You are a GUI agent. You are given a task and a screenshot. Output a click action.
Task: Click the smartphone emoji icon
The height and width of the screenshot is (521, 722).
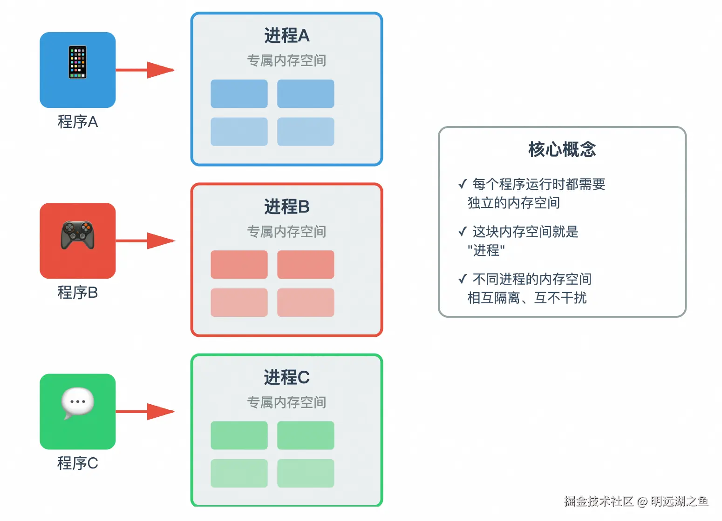pos(78,62)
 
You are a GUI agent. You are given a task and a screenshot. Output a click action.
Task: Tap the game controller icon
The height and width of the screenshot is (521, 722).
pos(78,234)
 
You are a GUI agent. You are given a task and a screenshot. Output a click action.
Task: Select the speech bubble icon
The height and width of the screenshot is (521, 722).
pos(77,403)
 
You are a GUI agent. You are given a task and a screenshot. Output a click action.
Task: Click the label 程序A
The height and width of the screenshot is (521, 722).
pos(78,122)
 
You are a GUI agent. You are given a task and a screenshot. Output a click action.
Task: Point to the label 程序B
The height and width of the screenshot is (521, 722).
pos(78,293)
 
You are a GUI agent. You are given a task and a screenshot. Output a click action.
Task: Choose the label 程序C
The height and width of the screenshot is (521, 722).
pos(78,463)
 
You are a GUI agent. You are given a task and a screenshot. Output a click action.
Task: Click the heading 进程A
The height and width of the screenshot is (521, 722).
pos(286,36)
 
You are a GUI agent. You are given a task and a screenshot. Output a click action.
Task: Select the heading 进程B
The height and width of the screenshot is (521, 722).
pos(286,207)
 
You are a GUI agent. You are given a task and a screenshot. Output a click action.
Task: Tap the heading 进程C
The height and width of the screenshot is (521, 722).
pos(286,377)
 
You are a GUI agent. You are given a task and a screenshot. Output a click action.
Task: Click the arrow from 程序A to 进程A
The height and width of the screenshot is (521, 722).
pos(145,70)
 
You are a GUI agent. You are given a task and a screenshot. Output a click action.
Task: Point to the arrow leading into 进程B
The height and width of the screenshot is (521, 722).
pos(145,241)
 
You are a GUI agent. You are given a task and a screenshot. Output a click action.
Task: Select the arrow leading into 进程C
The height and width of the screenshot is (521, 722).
pos(145,412)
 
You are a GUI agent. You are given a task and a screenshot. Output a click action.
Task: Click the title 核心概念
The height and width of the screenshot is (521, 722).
pos(562,149)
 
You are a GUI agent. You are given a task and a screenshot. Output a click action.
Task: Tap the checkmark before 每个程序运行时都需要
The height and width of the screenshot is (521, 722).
pos(463,185)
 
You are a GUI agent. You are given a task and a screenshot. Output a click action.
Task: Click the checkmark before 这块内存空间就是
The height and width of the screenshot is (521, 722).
pos(463,232)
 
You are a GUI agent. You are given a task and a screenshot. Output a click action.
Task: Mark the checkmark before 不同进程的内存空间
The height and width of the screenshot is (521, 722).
pos(463,279)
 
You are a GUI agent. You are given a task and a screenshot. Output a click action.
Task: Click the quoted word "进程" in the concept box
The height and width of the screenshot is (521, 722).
pos(486,250)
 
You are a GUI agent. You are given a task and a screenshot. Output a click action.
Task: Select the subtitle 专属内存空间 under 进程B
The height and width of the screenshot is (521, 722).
pos(286,232)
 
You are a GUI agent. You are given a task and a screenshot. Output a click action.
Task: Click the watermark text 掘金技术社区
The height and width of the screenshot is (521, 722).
pos(599,501)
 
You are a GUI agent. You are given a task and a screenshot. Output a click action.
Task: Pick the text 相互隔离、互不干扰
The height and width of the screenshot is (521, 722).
pos(527,298)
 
